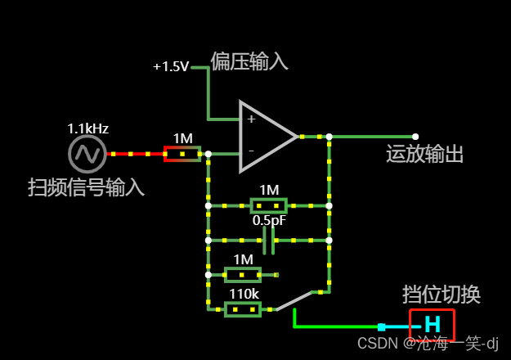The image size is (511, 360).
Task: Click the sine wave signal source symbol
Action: pos(87,153)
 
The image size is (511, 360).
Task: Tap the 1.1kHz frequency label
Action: pos(87,128)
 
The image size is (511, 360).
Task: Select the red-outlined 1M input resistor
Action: pos(182,154)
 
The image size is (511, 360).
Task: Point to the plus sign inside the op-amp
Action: pos(251,119)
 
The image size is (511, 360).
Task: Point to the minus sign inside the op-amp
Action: pos(251,151)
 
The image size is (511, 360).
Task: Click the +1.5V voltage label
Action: pos(171,66)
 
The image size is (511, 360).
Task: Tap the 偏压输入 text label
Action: pos(249,61)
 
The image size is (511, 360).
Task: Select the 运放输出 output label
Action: pos(424,155)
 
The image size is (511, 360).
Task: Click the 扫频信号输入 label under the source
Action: pos(86,187)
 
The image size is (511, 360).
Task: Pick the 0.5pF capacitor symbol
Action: pos(268,241)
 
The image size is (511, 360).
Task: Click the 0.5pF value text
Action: pos(268,221)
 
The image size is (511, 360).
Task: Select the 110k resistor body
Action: pos(243,309)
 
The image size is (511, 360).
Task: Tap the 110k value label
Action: pos(244,294)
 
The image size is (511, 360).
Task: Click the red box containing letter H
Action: pos(432,325)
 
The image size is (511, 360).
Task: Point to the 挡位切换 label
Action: pos(441,295)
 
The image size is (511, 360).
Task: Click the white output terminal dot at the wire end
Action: pos(415,137)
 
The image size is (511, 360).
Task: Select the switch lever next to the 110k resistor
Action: pos(294,300)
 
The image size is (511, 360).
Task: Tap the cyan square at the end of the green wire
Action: pos(381,326)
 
